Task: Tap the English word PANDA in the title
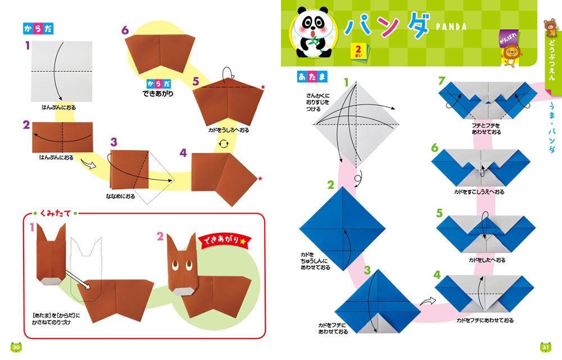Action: pyautogui.click(x=451, y=27)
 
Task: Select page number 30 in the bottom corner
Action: pyautogui.click(x=16, y=346)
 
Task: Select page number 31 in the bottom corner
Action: pyautogui.click(x=545, y=346)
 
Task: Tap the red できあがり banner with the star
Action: pyautogui.click(x=225, y=240)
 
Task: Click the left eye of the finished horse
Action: pyautogui.click(x=175, y=265)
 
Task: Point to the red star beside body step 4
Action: pyautogui.click(x=260, y=178)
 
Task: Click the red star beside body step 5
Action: pyautogui.click(x=262, y=87)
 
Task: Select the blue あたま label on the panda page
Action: pyautogui.click(x=312, y=76)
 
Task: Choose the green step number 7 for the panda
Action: pyautogui.click(x=442, y=81)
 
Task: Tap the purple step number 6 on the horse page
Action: pyautogui.click(x=125, y=30)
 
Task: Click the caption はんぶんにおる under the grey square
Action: pyautogui.click(x=59, y=107)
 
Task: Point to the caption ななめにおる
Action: pyautogui.click(x=120, y=196)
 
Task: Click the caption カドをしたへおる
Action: pyautogui.click(x=487, y=260)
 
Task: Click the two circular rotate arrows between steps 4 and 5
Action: pyautogui.click(x=224, y=144)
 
